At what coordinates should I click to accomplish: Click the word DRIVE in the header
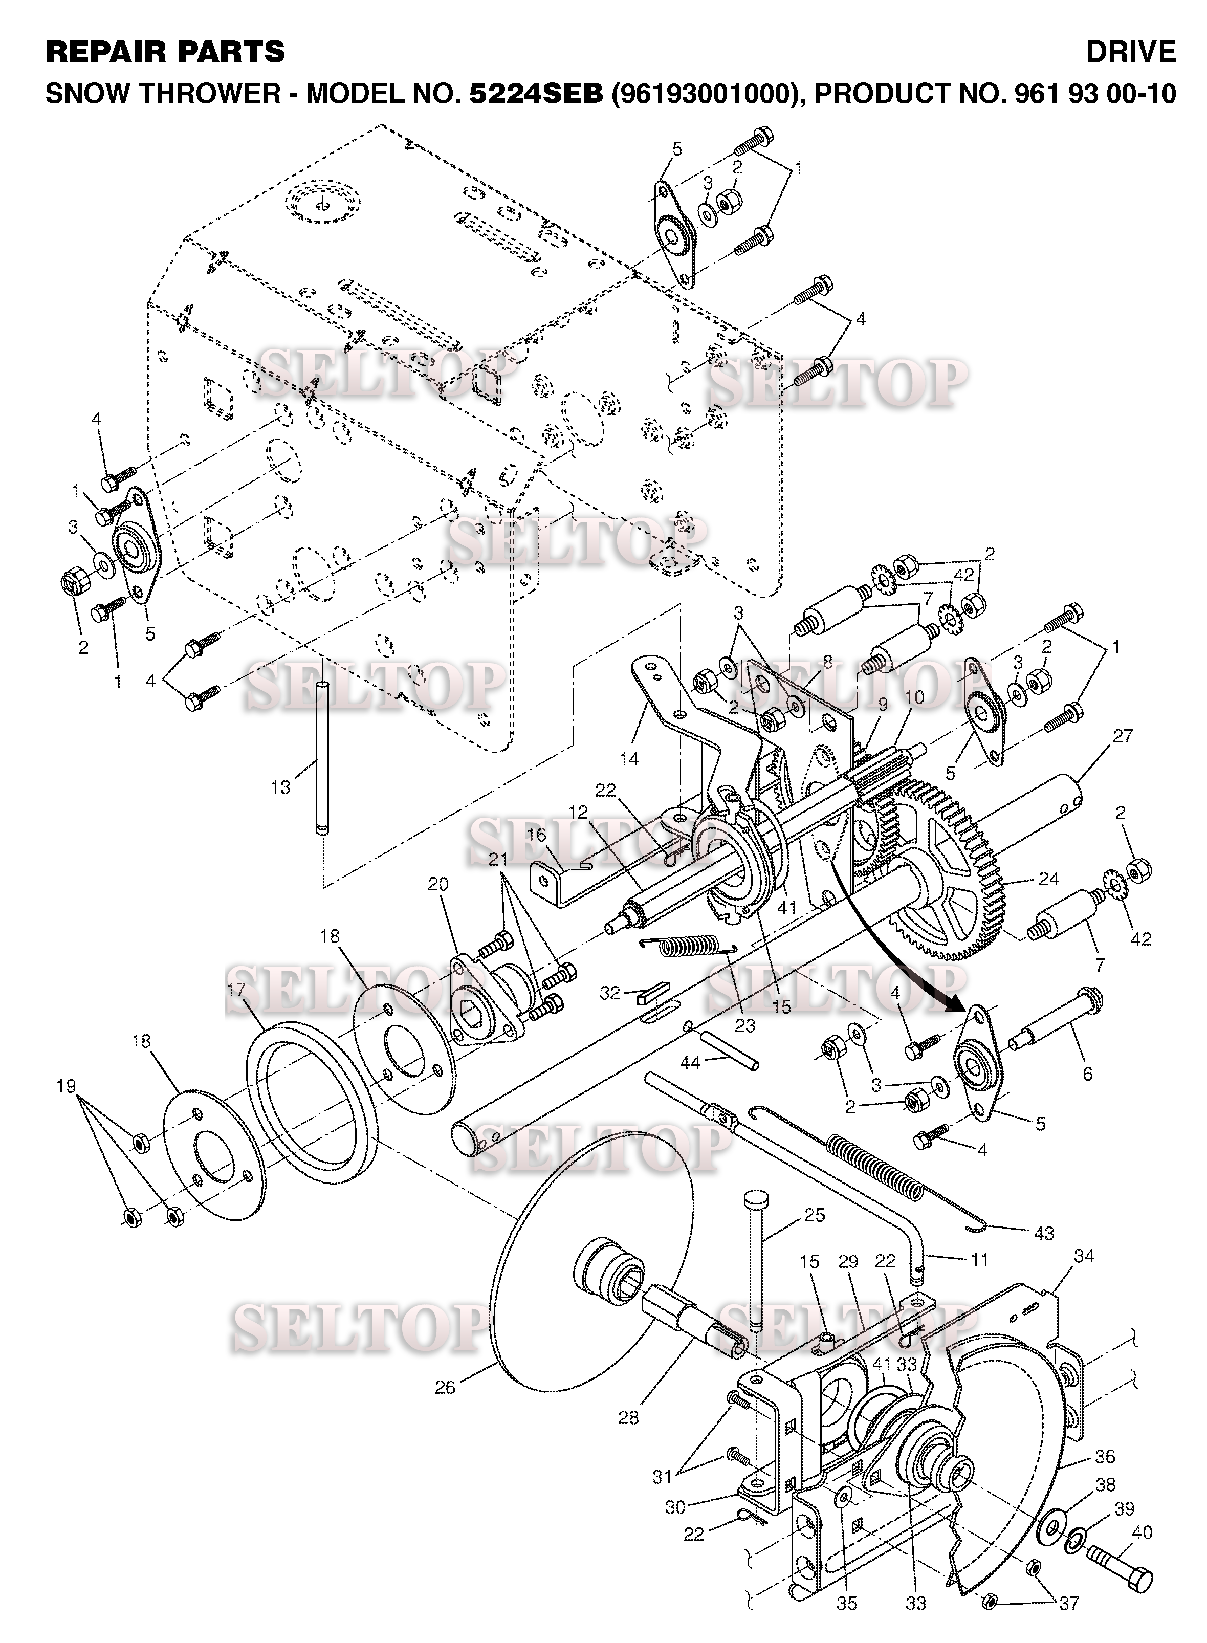point(1131,52)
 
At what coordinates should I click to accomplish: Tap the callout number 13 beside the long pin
point(280,787)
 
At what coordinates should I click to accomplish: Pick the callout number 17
point(236,991)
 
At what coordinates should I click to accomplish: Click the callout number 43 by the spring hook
point(1044,1233)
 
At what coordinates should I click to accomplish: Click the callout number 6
point(1087,1073)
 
